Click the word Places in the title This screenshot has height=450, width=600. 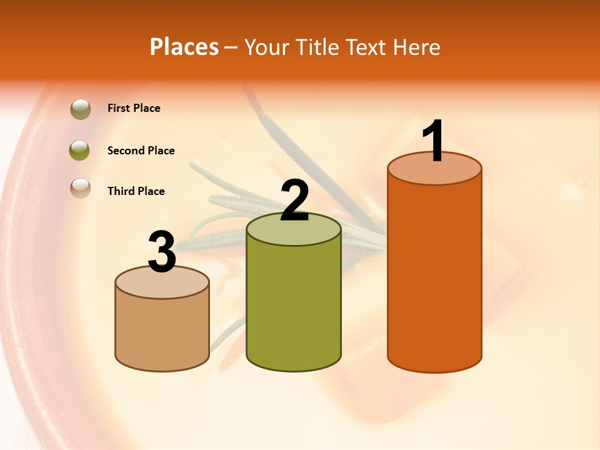tap(184, 47)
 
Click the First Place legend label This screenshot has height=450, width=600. tap(134, 108)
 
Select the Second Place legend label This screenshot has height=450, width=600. tap(141, 151)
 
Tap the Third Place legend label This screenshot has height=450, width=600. tap(136, 191)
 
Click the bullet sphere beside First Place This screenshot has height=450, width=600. tap(80, 109)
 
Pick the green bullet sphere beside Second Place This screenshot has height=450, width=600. tap(80, 150)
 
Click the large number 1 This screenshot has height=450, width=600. tap(433, 141)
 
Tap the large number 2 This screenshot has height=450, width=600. tap(294, 201)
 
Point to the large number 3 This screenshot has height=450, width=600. tap(162, 252)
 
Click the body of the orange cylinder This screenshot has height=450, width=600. tap(434, 275)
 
